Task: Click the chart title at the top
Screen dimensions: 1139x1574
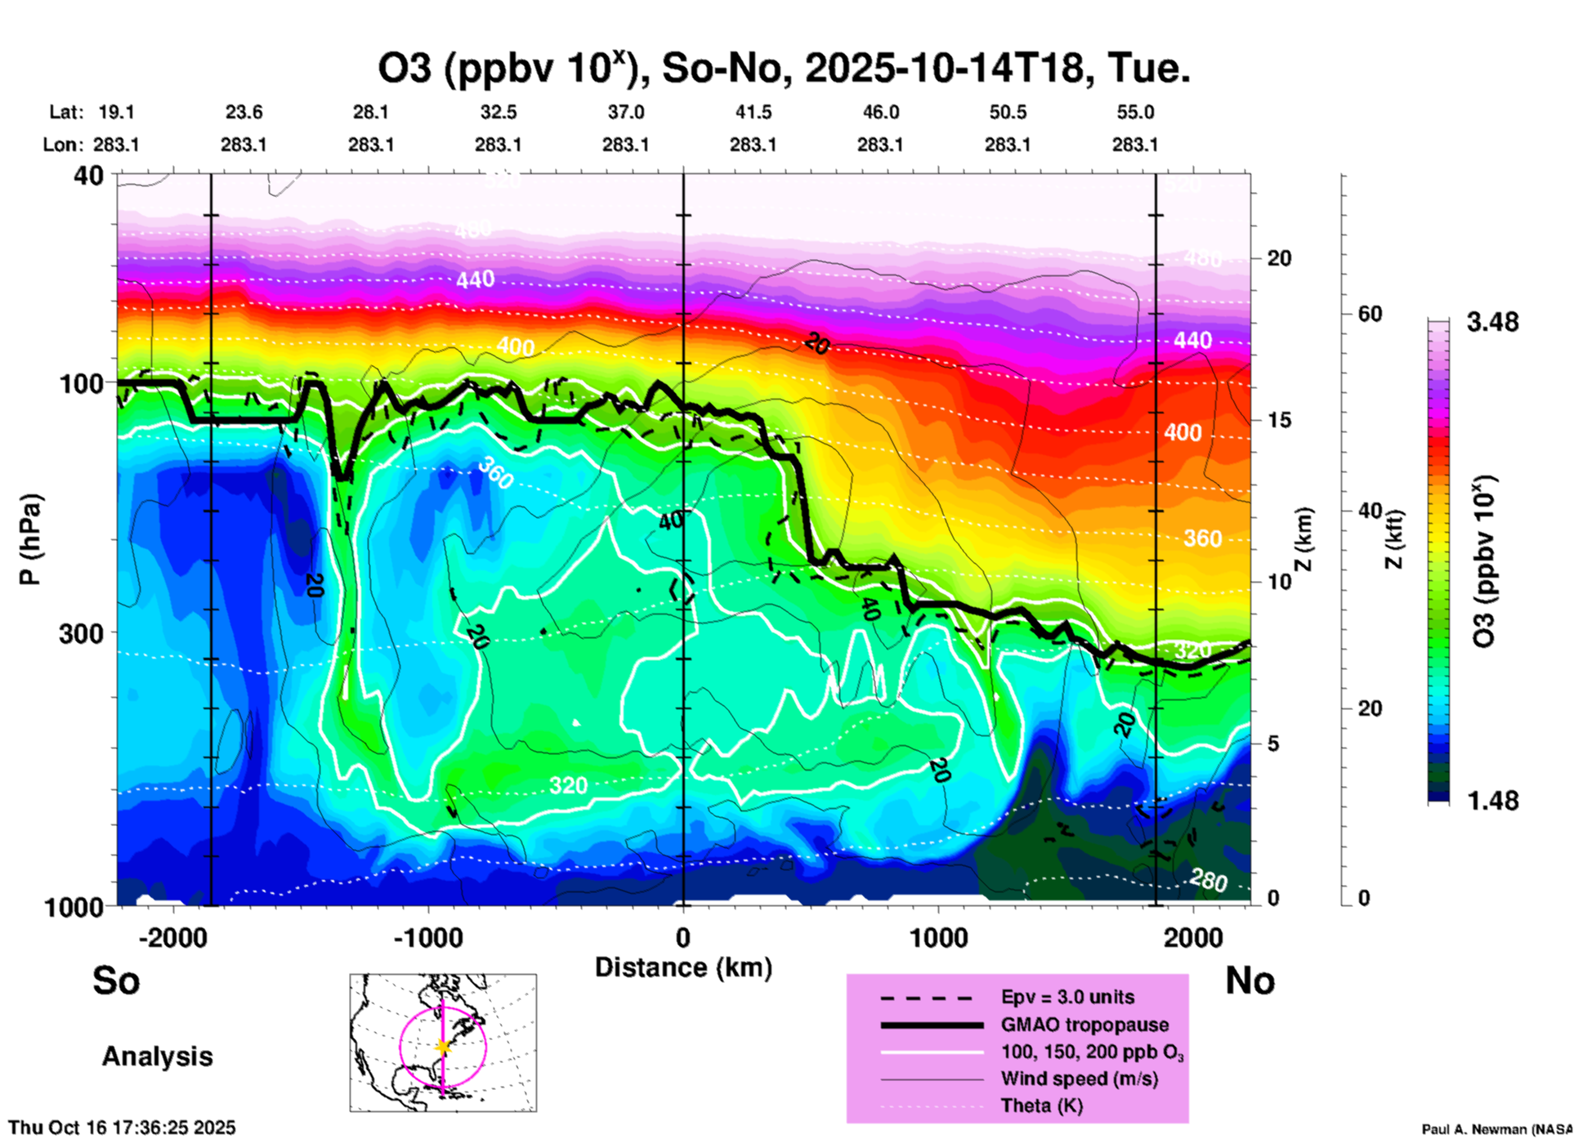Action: click(x=783, y=69)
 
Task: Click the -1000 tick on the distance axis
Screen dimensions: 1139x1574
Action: click(x=428, y=938)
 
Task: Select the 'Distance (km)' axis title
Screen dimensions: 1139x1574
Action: click(x=683, y=967)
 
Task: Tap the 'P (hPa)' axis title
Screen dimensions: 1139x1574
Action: click(x=30, y=539)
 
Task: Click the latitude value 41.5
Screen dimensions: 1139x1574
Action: click(x=753, y=112)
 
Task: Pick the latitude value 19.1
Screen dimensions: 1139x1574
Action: click(x=116, y=112)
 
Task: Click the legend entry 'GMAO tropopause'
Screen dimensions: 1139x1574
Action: click(x=1084, y=1025)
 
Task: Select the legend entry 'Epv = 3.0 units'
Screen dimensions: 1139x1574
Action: click(x=1067, y=997)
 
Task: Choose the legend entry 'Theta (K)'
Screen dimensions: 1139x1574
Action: click(x=1041, y=1105)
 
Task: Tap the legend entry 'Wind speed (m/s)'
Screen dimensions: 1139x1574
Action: click(x=1079, y=1079)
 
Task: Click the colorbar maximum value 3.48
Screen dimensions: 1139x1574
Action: click(x=1492, y=323)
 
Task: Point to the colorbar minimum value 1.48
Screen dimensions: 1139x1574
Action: click(x=1492, y=800)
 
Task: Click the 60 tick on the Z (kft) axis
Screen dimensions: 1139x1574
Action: click(x=1370, y=314)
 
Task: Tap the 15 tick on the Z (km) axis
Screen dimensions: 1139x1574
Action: click(x=1279, y=420)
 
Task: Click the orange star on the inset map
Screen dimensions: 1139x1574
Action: click(x=443, y=1046)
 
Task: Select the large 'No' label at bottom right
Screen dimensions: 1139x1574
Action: click(x=1250, y=980)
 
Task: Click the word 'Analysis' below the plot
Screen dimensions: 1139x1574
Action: click(x=157, y=1056)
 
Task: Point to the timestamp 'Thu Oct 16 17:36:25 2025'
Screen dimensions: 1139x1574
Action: click(x=122, y=1128)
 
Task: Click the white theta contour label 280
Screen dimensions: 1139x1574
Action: click(x=1208, y=880)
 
